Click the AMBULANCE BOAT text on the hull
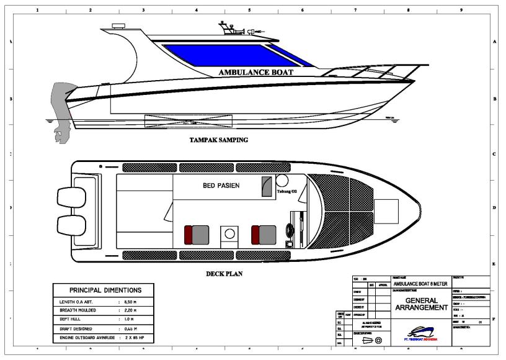pyautogui.click(x=255, y=72)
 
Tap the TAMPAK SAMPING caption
pyautogui.click(x=218, y=140)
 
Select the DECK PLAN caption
pyautogui.click(x=224, y=273)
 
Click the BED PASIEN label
pyautogui.click(x=221, y=186)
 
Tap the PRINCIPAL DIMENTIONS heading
pyautogui.click(x=105, y=290)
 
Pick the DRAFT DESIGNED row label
pyautogui.click(x=75, y=329)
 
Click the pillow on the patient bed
pyautogui.click(x=267, y=186)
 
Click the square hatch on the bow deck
pyautogui.click(x=386, y=212)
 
